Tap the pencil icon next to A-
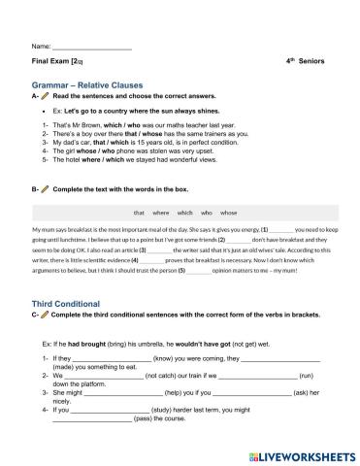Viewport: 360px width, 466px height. pyautogui.click(x=47, y=97)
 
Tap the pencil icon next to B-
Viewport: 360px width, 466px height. pyautogui.click(x=47, y=186)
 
